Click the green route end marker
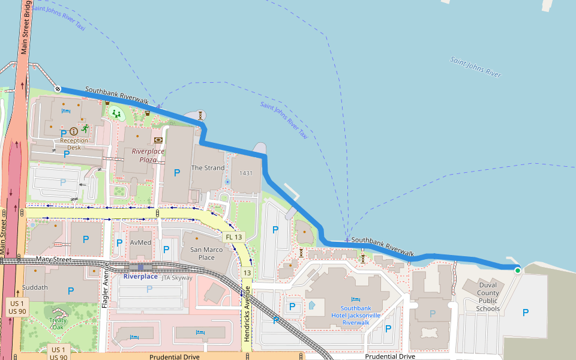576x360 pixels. tap(518, 271)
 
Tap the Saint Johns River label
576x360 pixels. tap(475, 67)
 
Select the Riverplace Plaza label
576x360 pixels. tap(148, 155)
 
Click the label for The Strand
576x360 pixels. tap(208, 168)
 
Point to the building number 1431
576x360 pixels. tap(245, 173)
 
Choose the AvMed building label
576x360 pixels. tap(140, 242)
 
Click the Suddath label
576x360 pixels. tap(35, 287)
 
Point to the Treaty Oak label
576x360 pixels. tap(58, 323)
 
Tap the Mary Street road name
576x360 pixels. tap(53, 260)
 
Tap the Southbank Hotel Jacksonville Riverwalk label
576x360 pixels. tap(356, 315)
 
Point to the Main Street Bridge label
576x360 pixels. tap(25, 26)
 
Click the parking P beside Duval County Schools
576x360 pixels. tap(526, 312)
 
